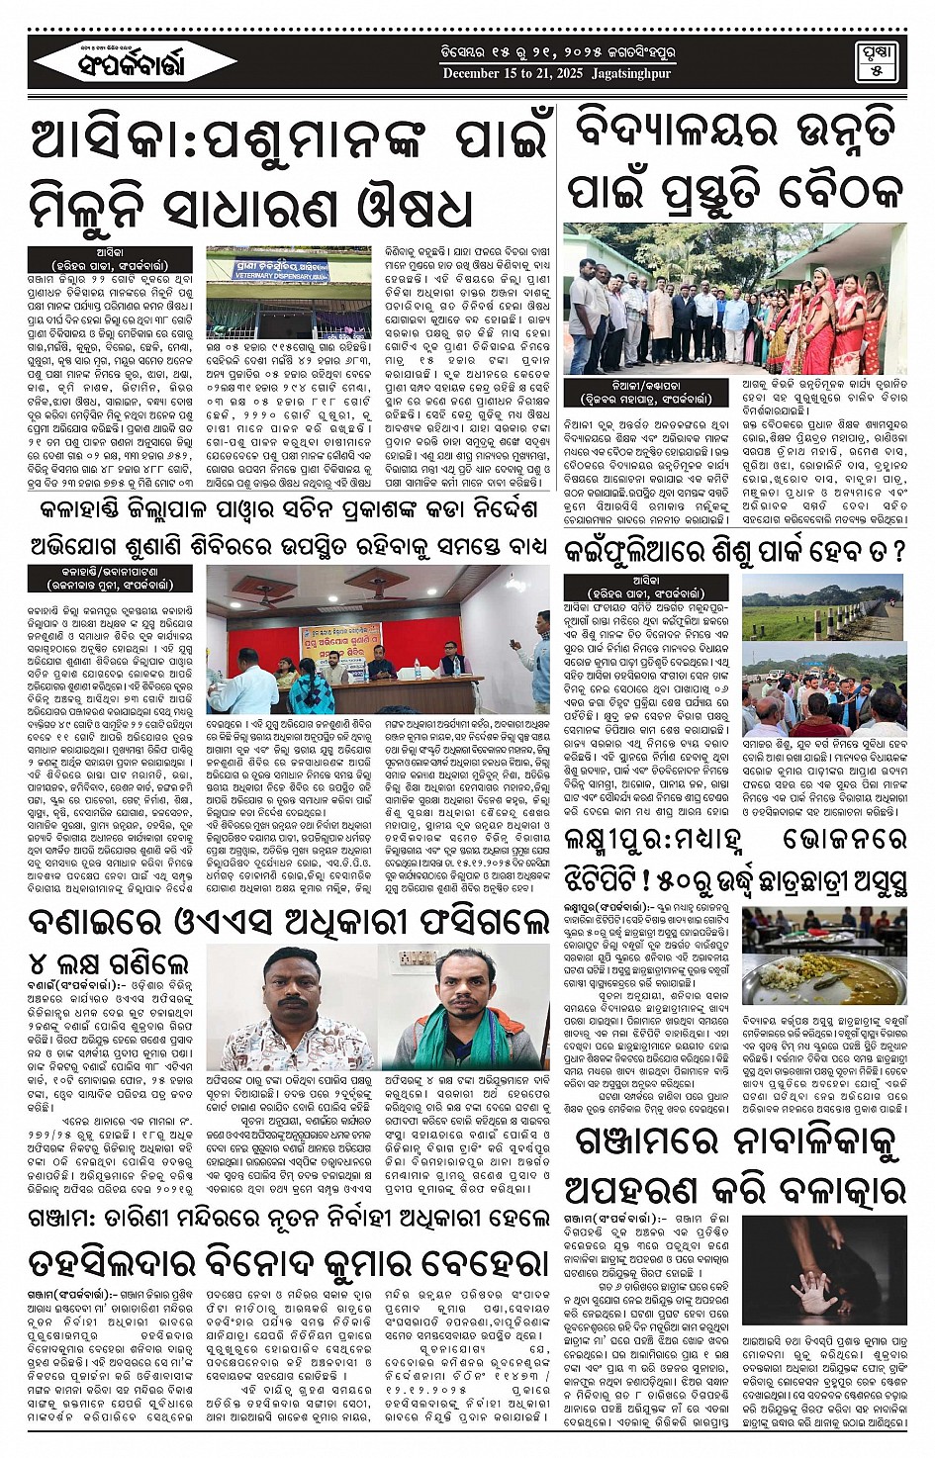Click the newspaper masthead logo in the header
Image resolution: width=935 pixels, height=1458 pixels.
pyautogui.click(x=123, y=64)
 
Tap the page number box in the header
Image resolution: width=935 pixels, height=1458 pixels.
pyautogui.click(x=876, y=61)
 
